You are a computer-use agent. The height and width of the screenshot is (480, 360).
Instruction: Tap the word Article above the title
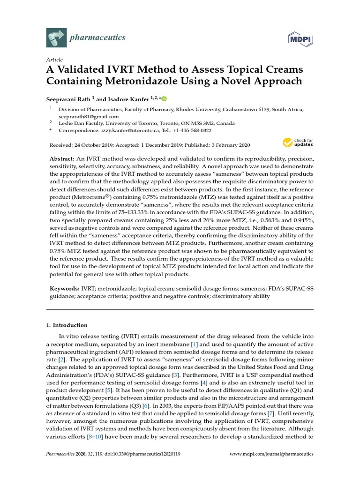pos(55,60)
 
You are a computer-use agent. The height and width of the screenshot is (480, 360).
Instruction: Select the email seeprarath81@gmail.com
pos(89,116)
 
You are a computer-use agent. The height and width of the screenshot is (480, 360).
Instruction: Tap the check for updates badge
pos(298,142)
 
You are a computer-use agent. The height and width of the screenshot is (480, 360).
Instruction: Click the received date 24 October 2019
pos(97,145)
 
